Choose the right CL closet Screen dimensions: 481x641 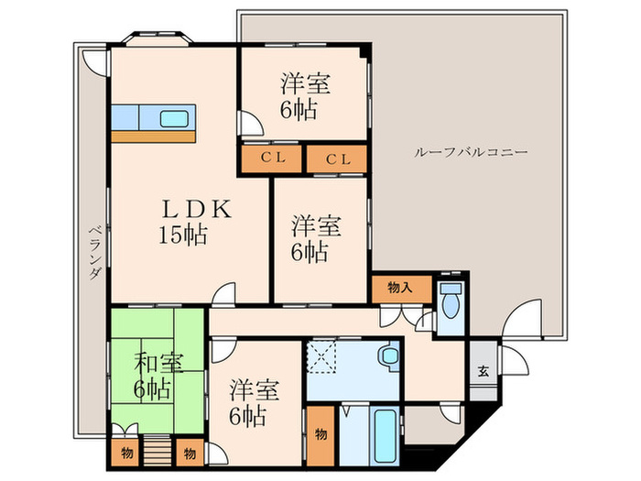click(337, 159)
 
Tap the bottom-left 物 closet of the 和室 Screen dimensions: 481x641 click(125, 452)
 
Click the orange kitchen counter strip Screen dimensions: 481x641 click(154, 137)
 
